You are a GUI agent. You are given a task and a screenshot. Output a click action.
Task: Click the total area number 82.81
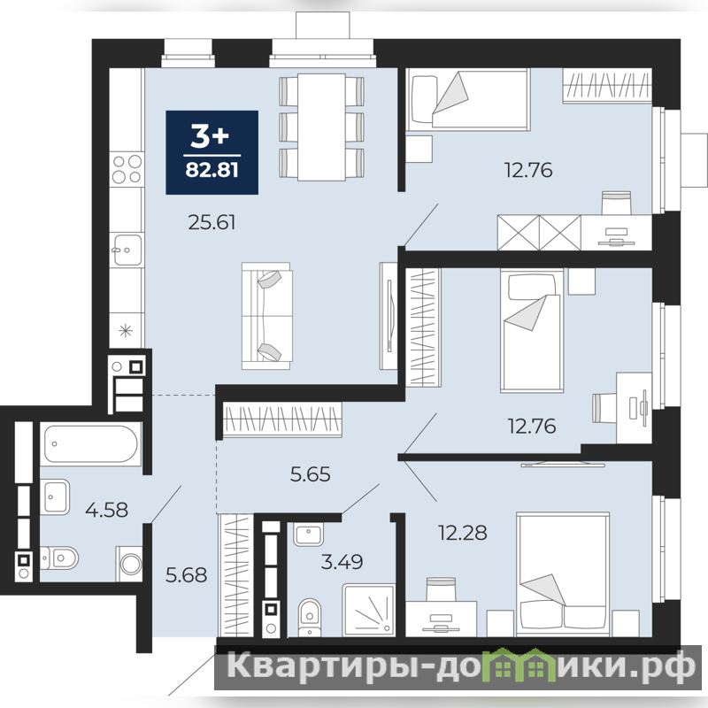point(212,170)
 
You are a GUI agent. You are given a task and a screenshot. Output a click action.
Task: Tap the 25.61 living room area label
point(212,222)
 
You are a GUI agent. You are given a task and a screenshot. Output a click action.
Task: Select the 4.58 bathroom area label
point(106,510)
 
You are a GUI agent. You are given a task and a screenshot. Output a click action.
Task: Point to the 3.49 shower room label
point(342,562)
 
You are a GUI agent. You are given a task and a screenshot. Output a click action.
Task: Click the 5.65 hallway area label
point(311,474)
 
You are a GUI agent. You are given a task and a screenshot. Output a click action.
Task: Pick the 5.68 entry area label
point(186,574)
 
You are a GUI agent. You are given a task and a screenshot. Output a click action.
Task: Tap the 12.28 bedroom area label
point(463,533)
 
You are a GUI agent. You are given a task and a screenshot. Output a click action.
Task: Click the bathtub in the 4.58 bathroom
point(91,444)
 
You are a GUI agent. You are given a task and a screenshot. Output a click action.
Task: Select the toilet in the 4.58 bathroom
point(59,558)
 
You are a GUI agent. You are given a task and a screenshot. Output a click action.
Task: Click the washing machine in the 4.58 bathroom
point(128,564)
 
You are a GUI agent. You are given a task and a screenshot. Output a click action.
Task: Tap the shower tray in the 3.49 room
point(368,611)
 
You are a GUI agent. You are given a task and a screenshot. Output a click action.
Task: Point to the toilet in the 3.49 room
point(309,617)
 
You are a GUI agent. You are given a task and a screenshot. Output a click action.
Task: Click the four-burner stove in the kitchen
point(127,168)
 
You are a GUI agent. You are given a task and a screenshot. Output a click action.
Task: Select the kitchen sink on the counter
point(127,250)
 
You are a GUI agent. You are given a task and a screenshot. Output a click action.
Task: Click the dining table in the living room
point(321,127)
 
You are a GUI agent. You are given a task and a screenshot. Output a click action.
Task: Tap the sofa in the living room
point(266,316)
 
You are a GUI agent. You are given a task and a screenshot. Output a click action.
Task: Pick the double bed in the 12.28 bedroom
point(563,573)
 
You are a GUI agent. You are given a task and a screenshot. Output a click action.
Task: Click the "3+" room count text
point(210,135)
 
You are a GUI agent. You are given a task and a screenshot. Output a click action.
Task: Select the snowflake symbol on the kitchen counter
point(126,331)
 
